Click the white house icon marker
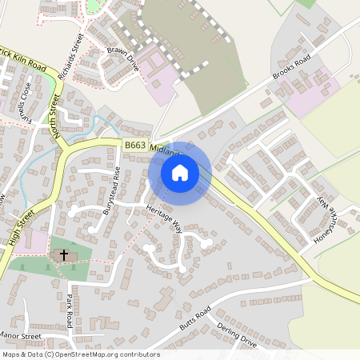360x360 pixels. click(x=180, y=173)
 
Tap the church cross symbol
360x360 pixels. click(x=63, y=254)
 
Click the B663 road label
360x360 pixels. click(x=134, y=146)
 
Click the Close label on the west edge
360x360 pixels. click(x=26, y=96)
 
